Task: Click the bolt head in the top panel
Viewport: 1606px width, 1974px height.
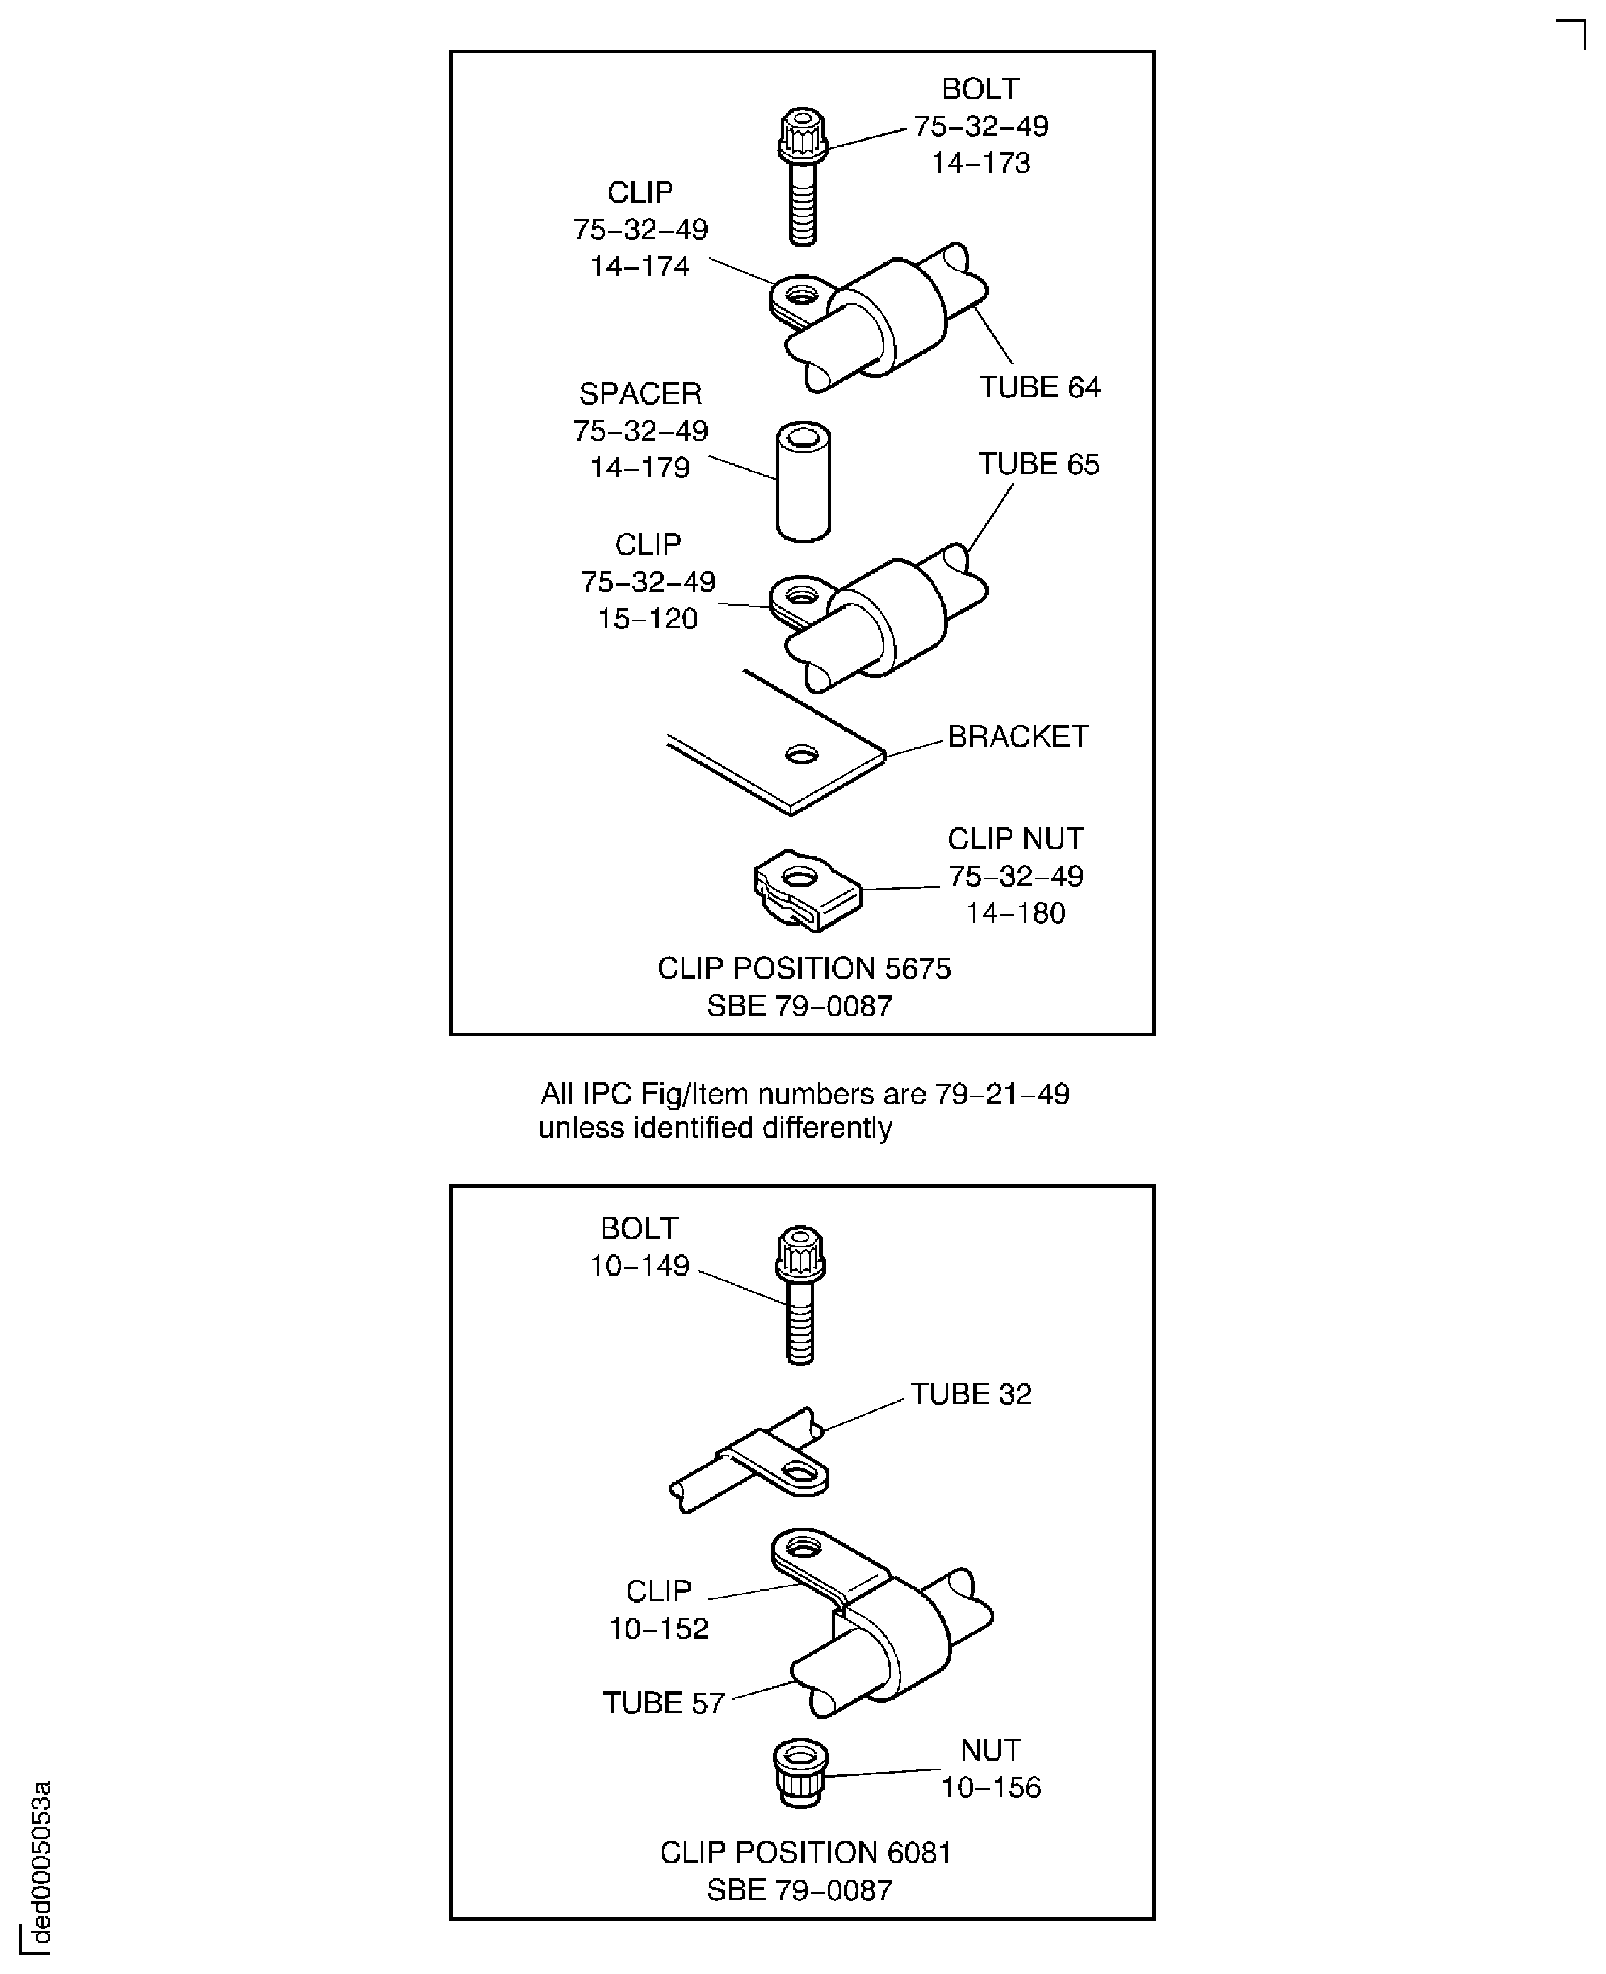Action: (802, 135)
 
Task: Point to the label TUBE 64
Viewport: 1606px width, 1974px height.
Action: (1039, 386)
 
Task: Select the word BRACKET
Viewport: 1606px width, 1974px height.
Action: (1018, 737)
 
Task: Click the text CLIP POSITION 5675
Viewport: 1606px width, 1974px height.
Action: (803, 969)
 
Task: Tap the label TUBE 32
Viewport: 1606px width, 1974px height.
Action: (971, 1394)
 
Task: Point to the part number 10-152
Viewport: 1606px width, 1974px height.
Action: (658, 1629)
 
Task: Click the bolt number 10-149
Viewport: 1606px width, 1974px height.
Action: (639, 1265)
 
